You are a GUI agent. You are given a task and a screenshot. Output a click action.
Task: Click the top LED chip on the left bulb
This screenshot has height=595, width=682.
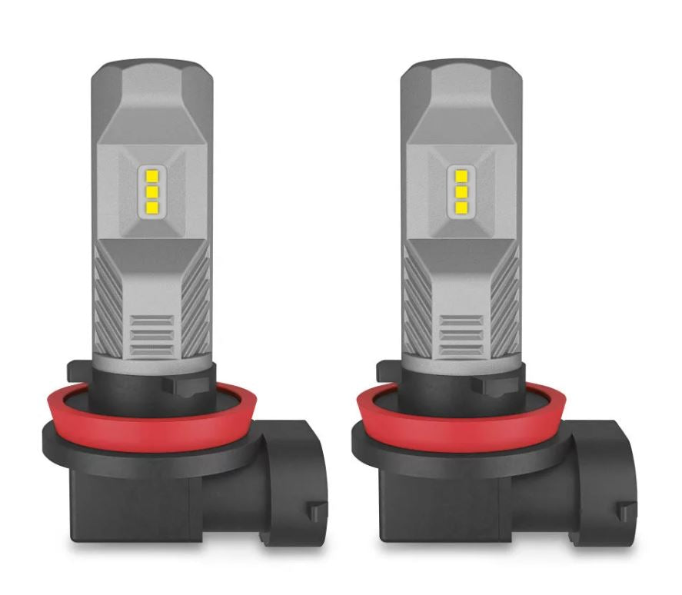152,175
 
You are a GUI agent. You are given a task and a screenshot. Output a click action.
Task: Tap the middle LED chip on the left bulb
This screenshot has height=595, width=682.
152,191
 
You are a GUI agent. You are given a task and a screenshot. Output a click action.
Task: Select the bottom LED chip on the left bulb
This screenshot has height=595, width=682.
152,207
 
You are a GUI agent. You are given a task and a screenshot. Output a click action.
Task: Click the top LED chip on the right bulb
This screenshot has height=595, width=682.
461,175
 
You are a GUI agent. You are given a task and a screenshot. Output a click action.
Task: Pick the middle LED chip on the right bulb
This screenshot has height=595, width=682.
461,191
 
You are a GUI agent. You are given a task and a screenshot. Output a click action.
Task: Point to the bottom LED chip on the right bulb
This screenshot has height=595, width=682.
461,207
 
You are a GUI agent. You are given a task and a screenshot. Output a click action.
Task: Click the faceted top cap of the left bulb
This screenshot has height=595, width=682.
151,85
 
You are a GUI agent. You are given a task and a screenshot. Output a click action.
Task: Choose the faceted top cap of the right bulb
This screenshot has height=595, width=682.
461,85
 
